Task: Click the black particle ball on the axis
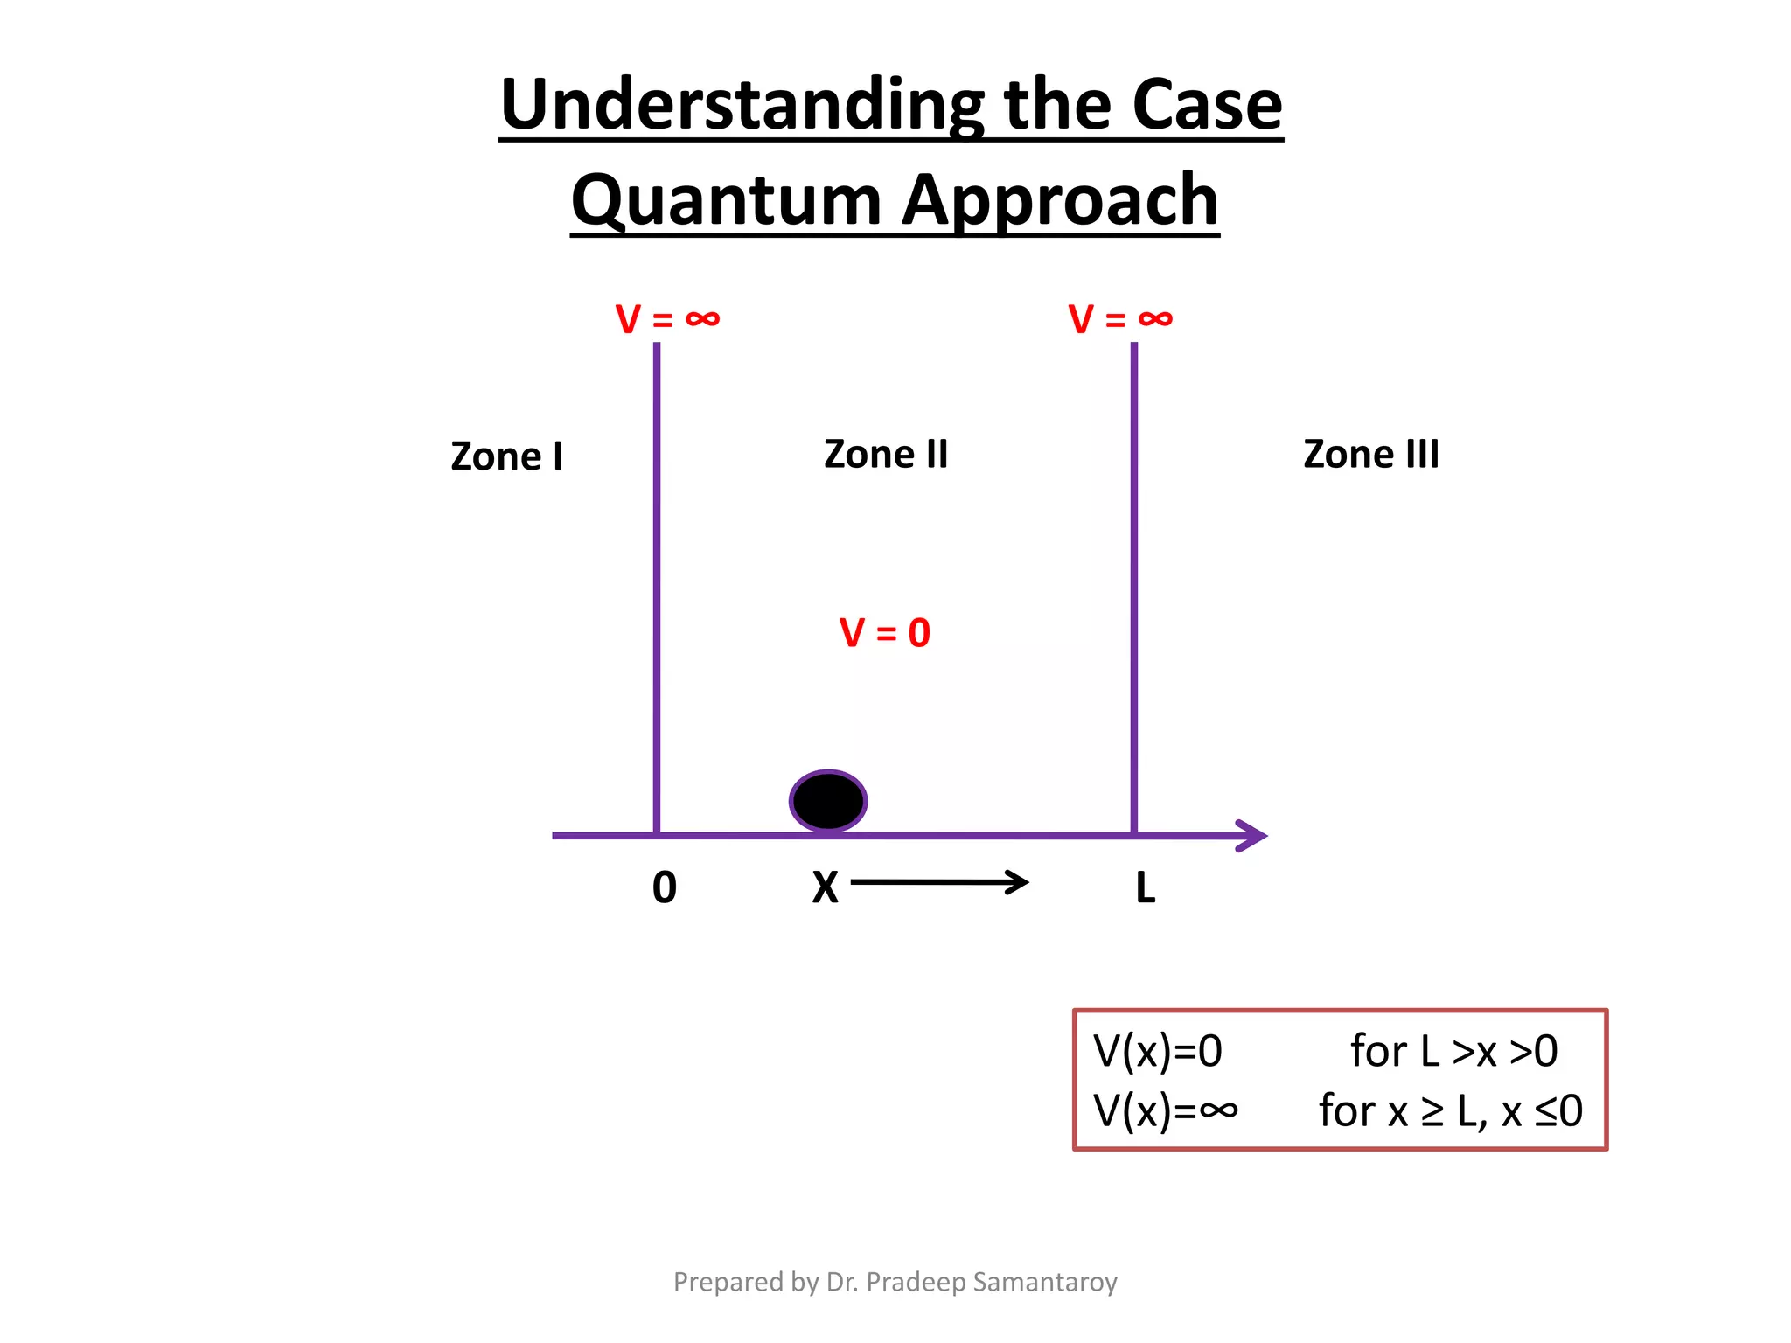pyautogui.click(x=827, y=801)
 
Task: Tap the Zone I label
pyautogui.click(x=506, y=456)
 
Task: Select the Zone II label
pyautogui.click(x=885, y=455)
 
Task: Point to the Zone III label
pyautogui.click(x=1370, y=455)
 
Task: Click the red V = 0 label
pyautogui.click(x=884, y=632)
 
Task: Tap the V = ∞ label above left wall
pyautogui.click(x=667, y=319)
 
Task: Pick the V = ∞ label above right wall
pyautogui.click(x=1120, y=319)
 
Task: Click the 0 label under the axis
pyautogui.click(x=665, y=887)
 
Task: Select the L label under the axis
pyautogui.click(x=1145, y=888)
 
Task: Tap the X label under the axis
pyautogui.click(x=825, y=888)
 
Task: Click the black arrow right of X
pyautogui.click(x=940, y=882)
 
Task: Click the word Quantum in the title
pyautogui.click(x=726, y=200)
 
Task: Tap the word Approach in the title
pyautogui.click(x=1060, y=200)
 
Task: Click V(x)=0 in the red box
pyautogui.click(x=1157, y=1051)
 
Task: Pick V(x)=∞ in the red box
pyautogui.click(x=1165, y=1110)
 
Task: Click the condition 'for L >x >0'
pyautogui.click(x=1453, y=1051)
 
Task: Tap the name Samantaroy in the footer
pyautogui.click(x=1045, y=1282)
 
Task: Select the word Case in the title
pyautogui.click(x=1207, y=105)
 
